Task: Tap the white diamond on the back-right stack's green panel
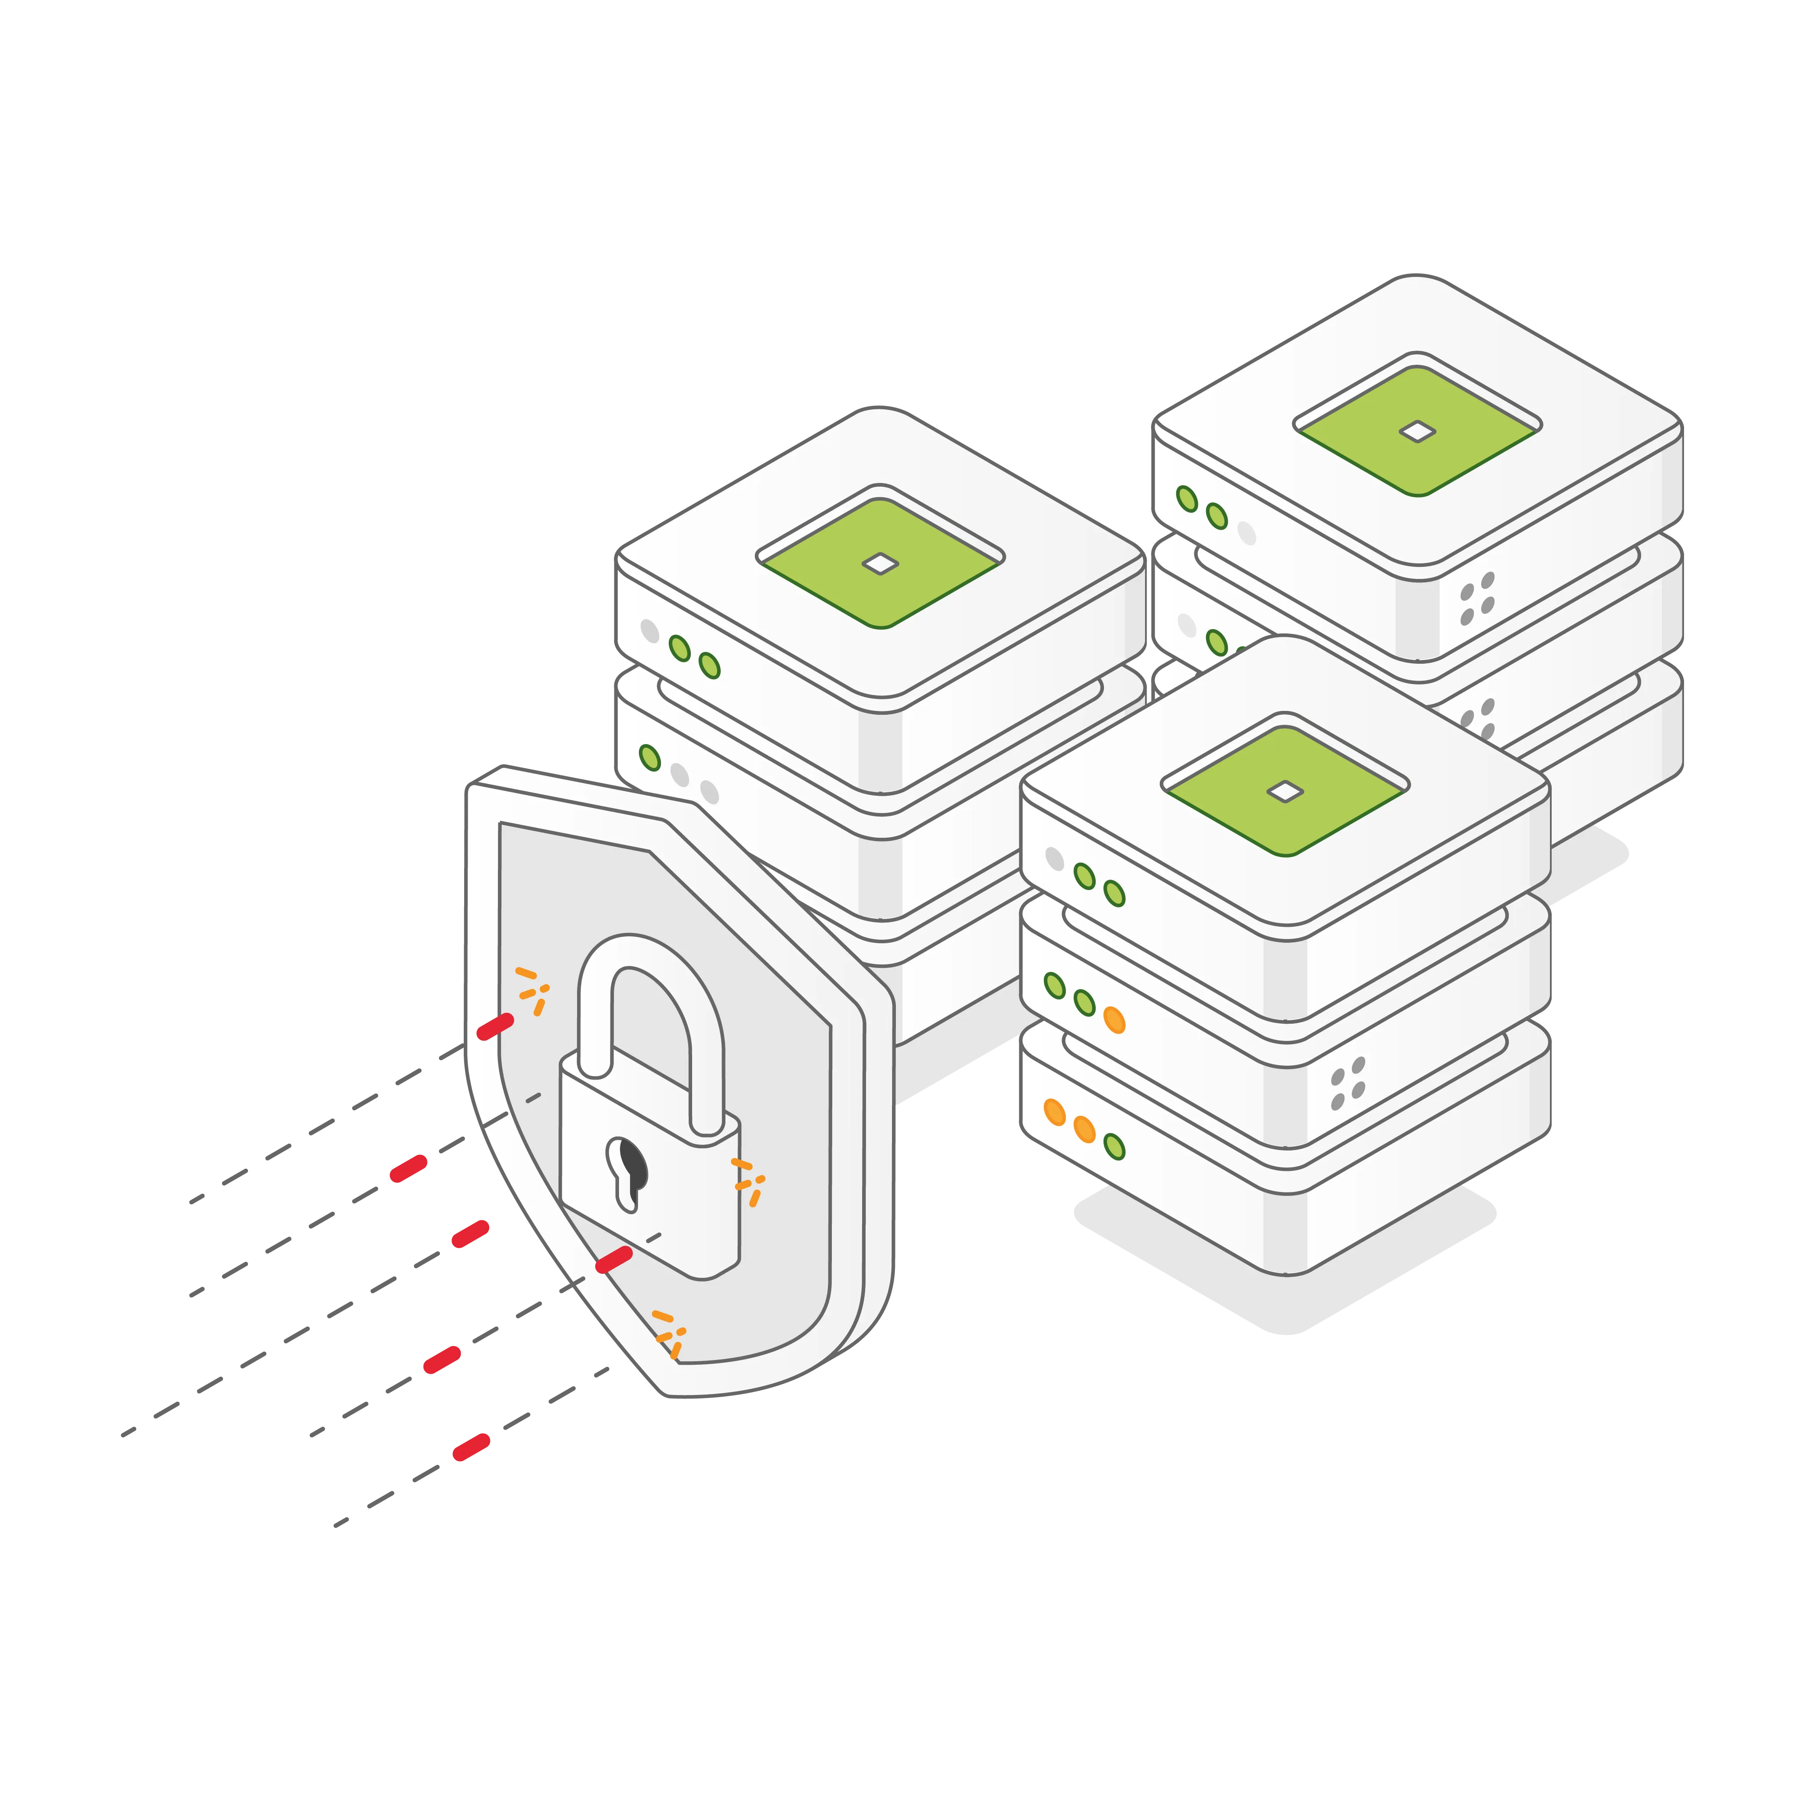[x=1418, y=431]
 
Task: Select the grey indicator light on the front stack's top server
[x=1055, y=858]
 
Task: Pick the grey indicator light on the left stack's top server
[x=650, y=631]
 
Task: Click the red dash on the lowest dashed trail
[x=471, y=1447]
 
